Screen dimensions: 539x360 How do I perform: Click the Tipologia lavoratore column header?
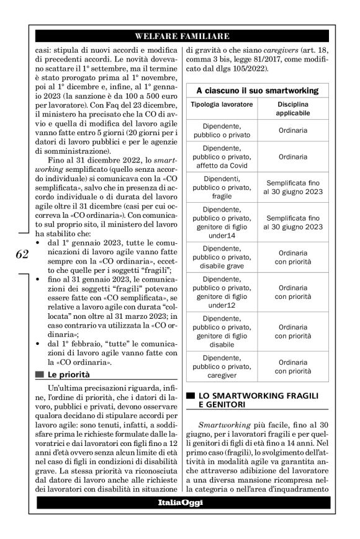click(x=222, y=104)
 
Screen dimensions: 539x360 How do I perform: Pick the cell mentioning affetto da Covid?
click(x=222, y=157)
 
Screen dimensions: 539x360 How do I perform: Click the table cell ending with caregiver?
click(x=222, y=366)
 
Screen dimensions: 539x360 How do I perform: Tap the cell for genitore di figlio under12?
click(x=222, y=292)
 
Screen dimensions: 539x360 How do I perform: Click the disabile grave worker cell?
click(x=222, y=257)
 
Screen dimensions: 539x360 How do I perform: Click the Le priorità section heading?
click(x=69, y=375)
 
